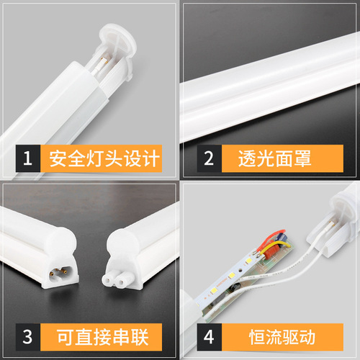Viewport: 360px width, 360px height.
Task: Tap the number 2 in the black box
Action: coord(209,158)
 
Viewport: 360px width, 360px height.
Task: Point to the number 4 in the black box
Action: coord(209,337)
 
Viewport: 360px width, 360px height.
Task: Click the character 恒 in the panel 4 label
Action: coord(242,337)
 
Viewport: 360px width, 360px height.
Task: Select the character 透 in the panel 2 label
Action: coord(242,158)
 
